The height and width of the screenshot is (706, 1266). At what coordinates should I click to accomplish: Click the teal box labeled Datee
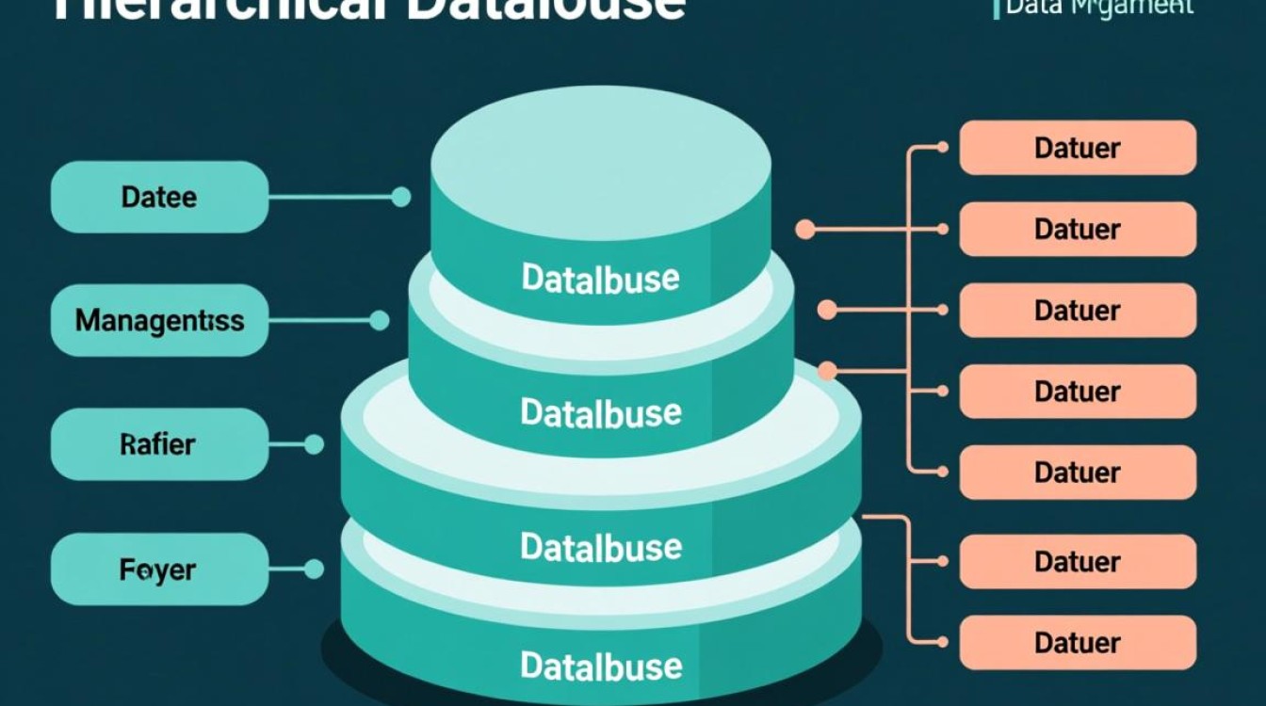[x=158, y=197]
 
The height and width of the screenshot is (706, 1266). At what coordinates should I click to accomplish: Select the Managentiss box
[x=158, y=320]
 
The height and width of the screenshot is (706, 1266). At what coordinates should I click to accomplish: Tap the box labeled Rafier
[x=158, y=443]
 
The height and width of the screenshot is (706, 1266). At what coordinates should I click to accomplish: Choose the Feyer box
[x=158, y=569]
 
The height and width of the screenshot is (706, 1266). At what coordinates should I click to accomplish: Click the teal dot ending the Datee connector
[x=400, y=197]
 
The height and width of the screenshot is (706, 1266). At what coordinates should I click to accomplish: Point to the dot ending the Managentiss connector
[x=379, y=321]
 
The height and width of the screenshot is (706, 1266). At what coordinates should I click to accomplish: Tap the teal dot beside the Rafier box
[x=314, y=444]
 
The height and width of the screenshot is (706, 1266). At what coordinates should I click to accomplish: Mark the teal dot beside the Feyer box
[x=314, y=569]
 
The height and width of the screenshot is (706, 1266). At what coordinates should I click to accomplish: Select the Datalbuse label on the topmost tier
[x=600, y=278]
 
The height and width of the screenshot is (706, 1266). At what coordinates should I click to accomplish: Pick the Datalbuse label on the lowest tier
[x=600, y=666]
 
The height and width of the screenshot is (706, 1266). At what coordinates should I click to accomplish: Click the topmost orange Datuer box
[x=1078, y=148]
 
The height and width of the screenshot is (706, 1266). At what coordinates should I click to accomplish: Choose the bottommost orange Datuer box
[x=1078, y=643]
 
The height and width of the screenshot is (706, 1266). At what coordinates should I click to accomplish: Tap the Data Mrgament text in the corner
[x=1098, y=8]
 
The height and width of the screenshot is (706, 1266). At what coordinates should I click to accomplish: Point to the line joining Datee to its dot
[x=330, y=197]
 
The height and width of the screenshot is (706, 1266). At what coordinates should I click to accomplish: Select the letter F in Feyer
[x=126, y=570]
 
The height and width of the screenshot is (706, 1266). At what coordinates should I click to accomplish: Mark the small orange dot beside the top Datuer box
[x=942, y=148]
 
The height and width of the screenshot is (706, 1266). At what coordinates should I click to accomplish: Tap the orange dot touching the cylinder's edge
[x=827, y=371]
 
